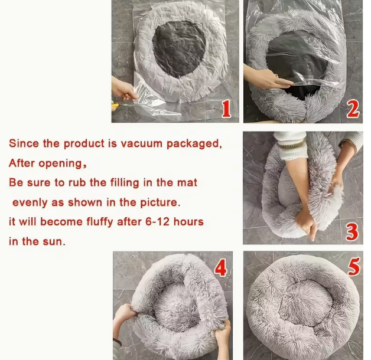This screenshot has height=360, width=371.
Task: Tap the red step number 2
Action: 353,109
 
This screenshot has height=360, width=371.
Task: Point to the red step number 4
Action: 220,268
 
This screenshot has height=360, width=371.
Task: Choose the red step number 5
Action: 353,267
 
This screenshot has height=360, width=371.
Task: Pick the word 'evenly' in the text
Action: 31,202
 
